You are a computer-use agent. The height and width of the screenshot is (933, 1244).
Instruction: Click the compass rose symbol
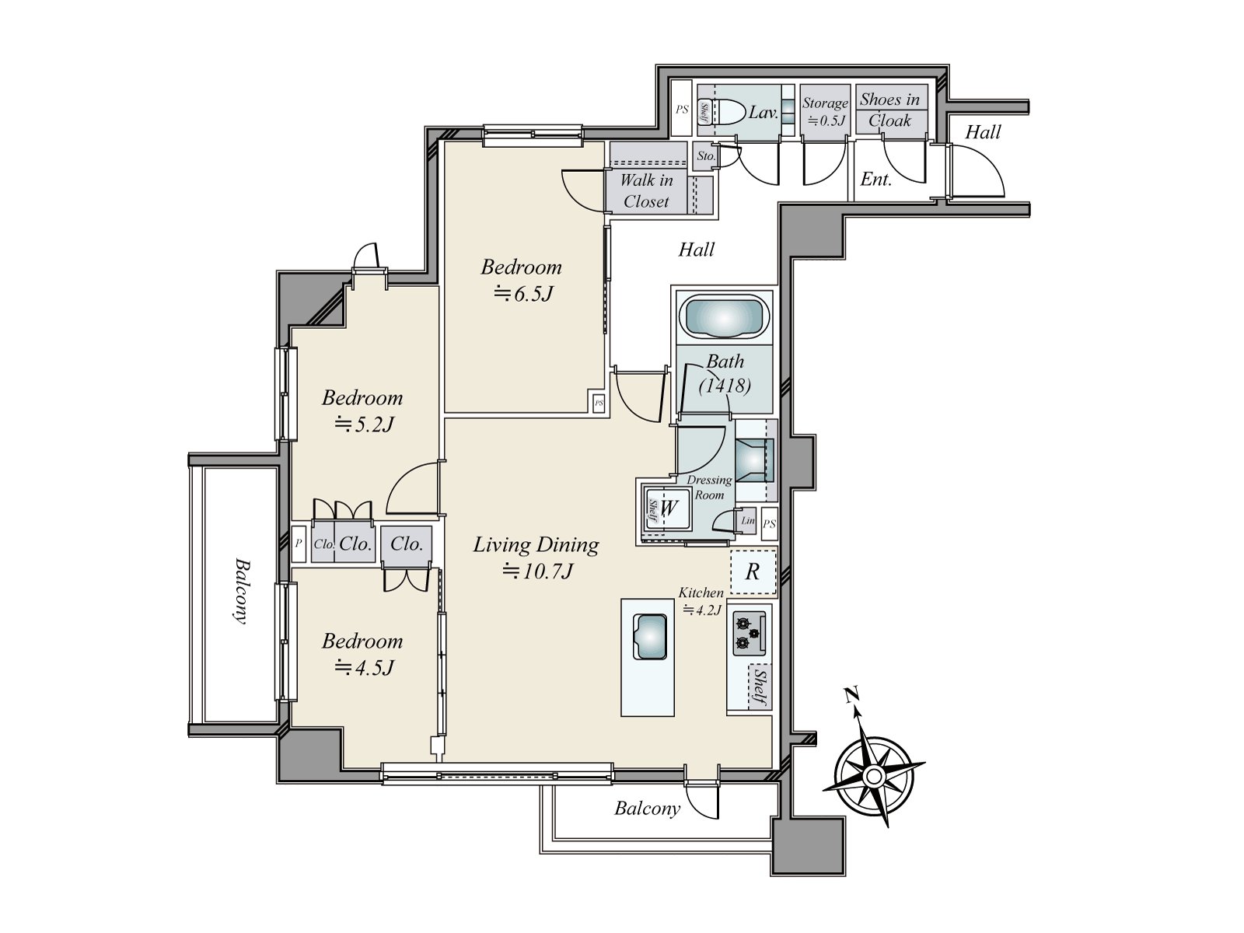[x=873, y=776]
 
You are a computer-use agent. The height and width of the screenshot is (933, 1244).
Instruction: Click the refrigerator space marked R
[x=753, y=572]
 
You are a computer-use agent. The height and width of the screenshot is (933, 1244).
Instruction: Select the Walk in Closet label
[x=646, y=190]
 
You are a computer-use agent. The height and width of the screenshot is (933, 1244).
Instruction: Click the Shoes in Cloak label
[x=890, y=110]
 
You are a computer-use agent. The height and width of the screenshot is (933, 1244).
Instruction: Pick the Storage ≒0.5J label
[x=824, y=111]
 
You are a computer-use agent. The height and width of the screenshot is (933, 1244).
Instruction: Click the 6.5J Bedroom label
[x=521, y=279]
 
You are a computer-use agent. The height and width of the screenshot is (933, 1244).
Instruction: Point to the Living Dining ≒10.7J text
[x=536, y=557]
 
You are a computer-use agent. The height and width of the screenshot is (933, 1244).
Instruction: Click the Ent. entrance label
[x=875, y=180]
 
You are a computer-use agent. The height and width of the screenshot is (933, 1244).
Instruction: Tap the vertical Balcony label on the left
[x=240, y=591]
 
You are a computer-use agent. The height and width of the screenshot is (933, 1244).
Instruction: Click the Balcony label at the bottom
[x=647, y=809]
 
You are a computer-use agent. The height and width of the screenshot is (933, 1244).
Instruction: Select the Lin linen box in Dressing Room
[x=748, y=521]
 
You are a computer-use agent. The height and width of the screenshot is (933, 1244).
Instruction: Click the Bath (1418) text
[x=725, y=373]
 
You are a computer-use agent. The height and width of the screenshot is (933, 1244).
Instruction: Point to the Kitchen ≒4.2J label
[x=701, y=601]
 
